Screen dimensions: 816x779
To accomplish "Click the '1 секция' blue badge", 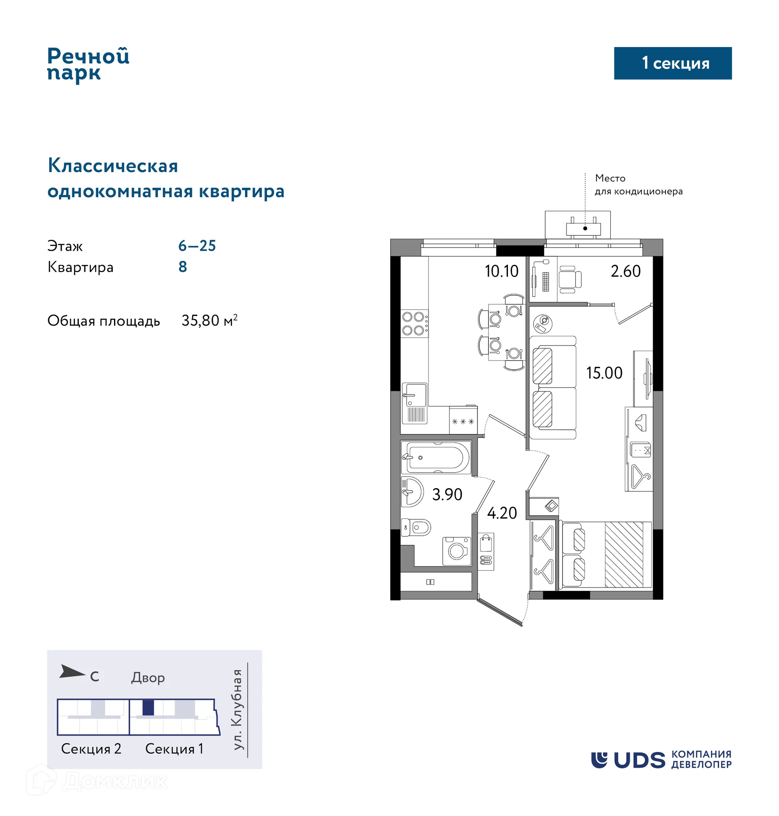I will [672, 63].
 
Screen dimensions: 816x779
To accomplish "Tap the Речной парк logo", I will [88, 65].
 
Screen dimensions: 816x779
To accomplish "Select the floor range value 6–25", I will [197, 246].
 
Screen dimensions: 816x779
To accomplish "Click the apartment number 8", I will [183, 267].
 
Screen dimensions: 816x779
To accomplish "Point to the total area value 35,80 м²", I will [209, 321].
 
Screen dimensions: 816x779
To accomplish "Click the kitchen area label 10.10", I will [501, 271].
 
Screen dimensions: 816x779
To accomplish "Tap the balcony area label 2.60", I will [625, 271].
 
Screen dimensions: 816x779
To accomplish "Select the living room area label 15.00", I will [604, 373].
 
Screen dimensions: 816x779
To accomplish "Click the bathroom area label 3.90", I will [447, 494].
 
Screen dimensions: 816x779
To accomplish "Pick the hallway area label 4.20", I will [501, 513].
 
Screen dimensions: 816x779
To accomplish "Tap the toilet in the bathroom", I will [417, 527].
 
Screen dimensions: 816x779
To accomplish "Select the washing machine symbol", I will [456, 551].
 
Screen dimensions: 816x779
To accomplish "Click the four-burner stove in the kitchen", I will [413, 323].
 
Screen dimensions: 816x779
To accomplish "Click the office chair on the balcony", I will [569, 279].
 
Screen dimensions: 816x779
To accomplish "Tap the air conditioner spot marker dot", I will [585, 228].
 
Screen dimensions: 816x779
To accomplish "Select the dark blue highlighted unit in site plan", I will [148, 708].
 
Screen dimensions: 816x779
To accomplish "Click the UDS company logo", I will [661, 760].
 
